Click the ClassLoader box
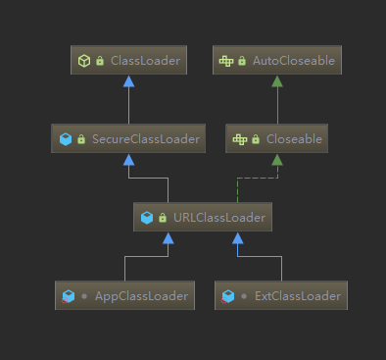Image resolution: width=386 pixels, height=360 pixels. [x=128, y=61]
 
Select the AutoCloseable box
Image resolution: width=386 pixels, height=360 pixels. [x=275, y=61]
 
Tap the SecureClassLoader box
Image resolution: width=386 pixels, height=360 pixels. [x=128, y=139]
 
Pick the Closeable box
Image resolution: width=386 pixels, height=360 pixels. [x=275, y=139]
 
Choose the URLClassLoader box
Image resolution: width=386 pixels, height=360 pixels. [x=202, y=217]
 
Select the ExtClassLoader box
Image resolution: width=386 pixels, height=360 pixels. [x=280, y=295]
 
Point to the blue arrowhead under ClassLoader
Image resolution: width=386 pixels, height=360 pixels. [x=128, y=81]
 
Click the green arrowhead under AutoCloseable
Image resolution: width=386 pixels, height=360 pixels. [x=275, y=81]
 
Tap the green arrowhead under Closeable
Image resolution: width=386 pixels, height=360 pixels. [x=275, y=160]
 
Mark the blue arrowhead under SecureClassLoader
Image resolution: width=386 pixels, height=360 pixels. [x=128, y=160]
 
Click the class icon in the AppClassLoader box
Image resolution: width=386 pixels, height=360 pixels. [x=69, y=295]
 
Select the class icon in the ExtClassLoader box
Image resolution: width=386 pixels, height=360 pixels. [x=228, y=295]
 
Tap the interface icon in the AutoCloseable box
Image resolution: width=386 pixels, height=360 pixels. [x=226, y=61]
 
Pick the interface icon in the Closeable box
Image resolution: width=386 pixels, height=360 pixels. [x=239, y=139]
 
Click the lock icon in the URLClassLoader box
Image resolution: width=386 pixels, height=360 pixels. [x=162, y=217]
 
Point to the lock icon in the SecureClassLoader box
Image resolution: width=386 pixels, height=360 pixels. [x=81, y=139]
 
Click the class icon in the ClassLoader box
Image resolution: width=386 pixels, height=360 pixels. [x=83, y=61]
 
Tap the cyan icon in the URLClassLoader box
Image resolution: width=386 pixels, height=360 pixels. [x=146, y=217]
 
